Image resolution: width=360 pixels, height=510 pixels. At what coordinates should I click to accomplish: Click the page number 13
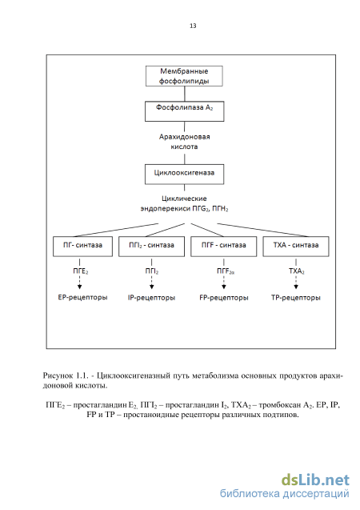(193, 26)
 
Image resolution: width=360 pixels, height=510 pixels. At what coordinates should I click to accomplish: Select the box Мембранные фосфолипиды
(184, 76)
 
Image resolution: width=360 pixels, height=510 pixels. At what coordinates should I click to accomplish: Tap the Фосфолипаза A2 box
(185, 111)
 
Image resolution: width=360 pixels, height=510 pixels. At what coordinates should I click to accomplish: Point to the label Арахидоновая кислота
(184, 142)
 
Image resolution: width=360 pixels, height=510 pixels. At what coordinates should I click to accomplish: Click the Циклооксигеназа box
(185, 175)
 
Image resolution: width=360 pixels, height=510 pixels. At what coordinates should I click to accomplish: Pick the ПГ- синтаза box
(83, 247)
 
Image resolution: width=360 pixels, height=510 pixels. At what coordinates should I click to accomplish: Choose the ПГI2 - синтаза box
(152, 247)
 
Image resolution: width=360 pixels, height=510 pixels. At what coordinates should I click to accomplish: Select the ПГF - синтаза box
(224, 247)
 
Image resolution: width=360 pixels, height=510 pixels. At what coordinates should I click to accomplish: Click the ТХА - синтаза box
(296, 247)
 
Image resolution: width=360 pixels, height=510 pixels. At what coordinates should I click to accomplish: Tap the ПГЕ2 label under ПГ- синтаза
(80, 271)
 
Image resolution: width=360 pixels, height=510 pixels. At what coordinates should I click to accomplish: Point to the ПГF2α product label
(226, 271)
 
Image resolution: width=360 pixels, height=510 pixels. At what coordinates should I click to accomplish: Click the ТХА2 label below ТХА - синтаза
(297, 271)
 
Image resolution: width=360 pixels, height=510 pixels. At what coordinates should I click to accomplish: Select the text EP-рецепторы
(83, 297)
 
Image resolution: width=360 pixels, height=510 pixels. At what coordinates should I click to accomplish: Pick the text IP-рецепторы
(152, 298)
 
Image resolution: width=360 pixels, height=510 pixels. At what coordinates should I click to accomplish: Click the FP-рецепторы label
(224, 298)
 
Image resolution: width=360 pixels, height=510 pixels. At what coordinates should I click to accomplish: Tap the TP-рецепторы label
(296, 298)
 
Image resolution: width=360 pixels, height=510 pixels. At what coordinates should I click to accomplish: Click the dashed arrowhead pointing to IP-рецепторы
(152, 287)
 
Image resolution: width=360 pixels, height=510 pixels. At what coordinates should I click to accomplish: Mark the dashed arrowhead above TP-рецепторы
(296, 287)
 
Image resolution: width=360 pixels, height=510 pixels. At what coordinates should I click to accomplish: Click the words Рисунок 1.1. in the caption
(66, 375)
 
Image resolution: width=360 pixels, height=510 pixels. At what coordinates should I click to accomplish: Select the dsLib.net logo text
(315, 480)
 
